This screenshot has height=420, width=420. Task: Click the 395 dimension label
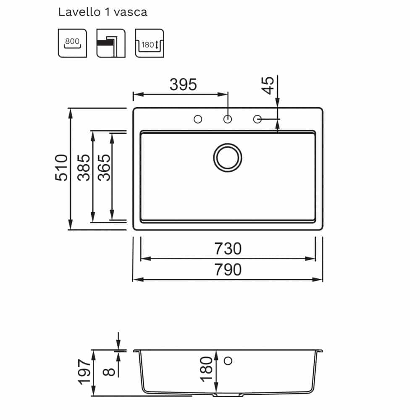click(183, 84)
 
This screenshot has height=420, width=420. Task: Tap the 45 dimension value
click(268, 85)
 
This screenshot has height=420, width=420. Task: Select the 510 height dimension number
click(61, 168)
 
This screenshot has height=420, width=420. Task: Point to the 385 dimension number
click(84, 168)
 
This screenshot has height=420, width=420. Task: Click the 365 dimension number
click(104, 168)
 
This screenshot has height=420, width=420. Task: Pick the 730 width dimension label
click(228, 249)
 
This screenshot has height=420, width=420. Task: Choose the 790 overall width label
click(228, 270)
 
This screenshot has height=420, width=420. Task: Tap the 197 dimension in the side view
click(84, 372)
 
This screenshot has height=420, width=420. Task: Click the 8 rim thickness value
click(109, 372)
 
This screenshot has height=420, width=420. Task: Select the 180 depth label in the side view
click(206, 369)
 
